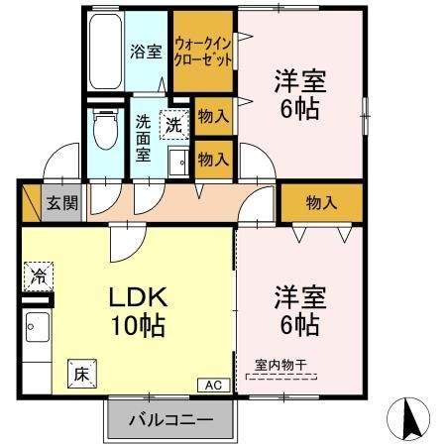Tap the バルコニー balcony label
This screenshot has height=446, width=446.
170,419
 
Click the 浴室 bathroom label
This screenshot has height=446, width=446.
147,52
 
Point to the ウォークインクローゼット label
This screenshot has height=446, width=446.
204,52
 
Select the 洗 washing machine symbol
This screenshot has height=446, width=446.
174,125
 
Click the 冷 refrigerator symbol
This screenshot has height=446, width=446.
38,273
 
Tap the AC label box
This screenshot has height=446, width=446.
214,384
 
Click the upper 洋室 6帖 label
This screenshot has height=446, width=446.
298,95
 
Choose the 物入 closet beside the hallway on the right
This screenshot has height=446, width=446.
320,203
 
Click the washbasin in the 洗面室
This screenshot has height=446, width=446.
178,164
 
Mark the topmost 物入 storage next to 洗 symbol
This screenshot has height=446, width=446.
213,117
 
